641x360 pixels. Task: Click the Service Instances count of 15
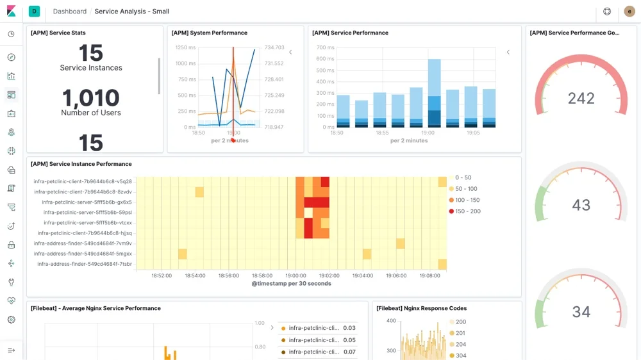[90, 53]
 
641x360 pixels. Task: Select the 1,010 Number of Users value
[90, 98]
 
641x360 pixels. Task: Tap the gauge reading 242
[581, 98]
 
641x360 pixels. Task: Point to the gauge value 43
[581, 205]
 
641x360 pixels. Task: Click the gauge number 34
[581, 311]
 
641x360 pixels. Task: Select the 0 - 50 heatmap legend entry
[463, 177]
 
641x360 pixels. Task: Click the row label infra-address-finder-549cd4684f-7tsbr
[84, 264]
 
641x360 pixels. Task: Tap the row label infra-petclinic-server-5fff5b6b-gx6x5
[87, 202]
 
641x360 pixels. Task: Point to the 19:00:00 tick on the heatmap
[296, 275]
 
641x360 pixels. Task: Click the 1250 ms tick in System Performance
[185, 47]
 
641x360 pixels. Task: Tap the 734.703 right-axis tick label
[274, 47]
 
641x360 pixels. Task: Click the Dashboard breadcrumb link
[69, 12]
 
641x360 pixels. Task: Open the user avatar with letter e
[629, 12]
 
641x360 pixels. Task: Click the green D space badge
[34, 12]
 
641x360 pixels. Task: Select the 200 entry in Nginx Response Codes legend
[460, 322]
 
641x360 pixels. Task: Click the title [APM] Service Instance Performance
[81, 164]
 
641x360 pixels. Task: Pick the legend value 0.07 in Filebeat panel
[349, 352]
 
